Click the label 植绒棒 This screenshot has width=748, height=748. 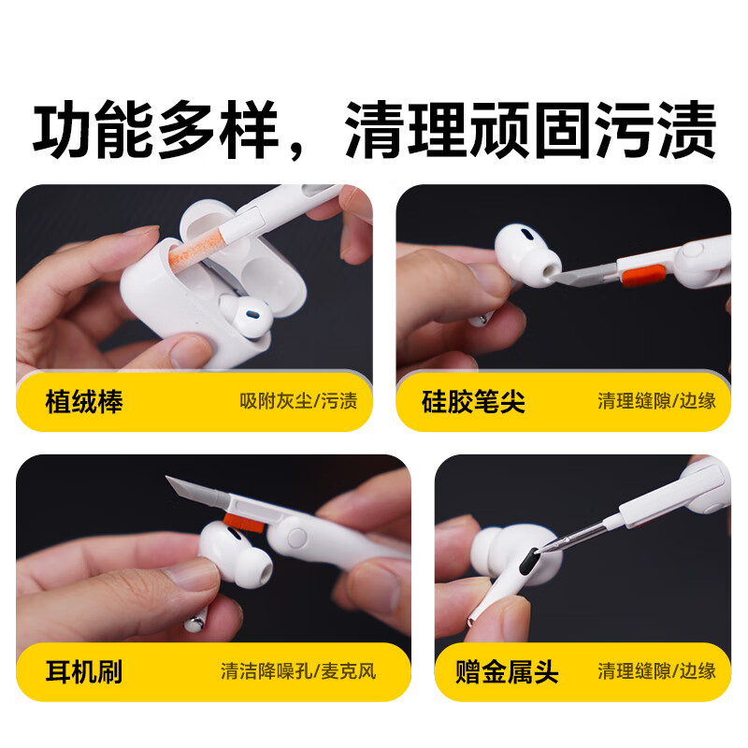click(84, 402)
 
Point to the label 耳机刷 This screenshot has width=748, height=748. click(84, 671)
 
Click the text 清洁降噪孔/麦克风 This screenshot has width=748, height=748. click(297, 671)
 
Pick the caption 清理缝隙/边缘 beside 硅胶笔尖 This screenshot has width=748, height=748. click(656, 402)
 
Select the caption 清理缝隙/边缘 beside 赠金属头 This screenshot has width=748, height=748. click(656, 671)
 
